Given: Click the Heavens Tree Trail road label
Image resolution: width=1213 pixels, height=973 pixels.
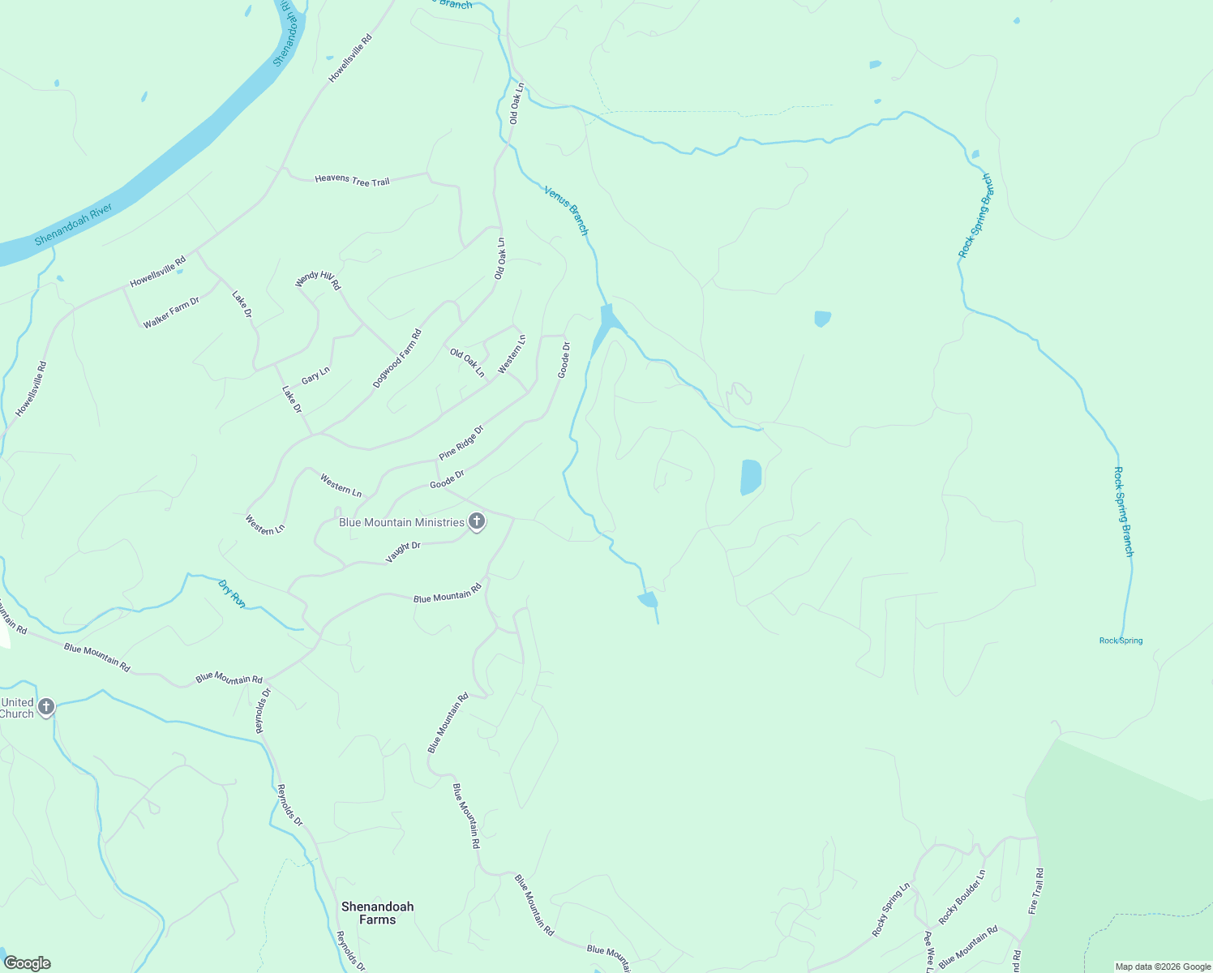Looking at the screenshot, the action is pyautogui.click(x=352, y=180).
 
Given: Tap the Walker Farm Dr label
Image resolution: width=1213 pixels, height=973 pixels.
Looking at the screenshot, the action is pyautogui.click(x=171, y=313).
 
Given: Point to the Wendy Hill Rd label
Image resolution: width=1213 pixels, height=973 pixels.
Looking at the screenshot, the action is pyautogui.click(x=318, y=281).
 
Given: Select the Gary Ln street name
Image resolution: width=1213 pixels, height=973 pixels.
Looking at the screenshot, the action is pyautogui.click(x=315, y=375).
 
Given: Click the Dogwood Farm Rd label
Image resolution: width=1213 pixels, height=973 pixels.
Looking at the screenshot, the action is pyautogui.click(x=397, y=358).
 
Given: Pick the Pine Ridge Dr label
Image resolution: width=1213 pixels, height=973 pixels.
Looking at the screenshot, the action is pyautogui.click(x=461, y=442).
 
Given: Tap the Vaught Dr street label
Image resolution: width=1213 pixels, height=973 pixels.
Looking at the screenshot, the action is pyautogui.click(x=403, y=551).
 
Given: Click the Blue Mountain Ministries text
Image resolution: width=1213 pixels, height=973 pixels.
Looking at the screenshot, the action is pyautogui.click(x=401, y=522).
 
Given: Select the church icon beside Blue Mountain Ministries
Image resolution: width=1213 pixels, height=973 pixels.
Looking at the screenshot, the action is pyautogui.click(x=477, y=522).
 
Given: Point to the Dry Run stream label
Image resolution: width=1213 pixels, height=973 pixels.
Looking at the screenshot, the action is pyautogui.click(x=232, y=593).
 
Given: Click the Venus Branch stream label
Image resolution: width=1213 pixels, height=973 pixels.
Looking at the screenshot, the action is pyautogui.click(x=566, y=210).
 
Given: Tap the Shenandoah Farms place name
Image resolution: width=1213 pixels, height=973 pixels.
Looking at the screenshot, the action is pyautogui.click(x=377, y=913).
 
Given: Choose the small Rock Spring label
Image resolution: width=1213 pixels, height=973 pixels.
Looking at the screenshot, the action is pyautogui.click(x=1121, y=641).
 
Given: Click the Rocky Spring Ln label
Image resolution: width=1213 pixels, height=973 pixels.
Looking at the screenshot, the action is pyautogui.click(x=891, y=911).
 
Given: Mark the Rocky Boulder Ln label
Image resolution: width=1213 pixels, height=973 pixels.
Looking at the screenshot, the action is pyautogui.click(x=962, y=898).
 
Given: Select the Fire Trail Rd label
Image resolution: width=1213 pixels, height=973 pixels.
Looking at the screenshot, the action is pyautogui.click(x=1035, y=891).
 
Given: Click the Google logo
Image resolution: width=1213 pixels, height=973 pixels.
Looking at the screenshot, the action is pyautogui.click(x=27, y=963).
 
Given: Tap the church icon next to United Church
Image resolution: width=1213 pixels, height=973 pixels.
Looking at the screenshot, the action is pyautogui.click(x=46, y=707).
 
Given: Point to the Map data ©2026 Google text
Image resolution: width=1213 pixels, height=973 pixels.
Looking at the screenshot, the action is pyautogui.click(x=1163, y=967).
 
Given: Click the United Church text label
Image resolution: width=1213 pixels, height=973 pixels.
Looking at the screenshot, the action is pyautogui.click(x=17, y=708).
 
